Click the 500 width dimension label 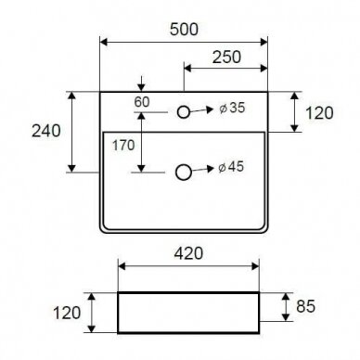click(x=184, y=30)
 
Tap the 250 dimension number click(x=226, y=58)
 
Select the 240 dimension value click(x=46, y=131)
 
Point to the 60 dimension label click(x=142, y=102)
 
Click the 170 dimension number click(x=123, y=145)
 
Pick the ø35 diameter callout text click(x=232, y=108)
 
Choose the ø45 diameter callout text click(x=231, y=167)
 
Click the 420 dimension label click(x=188, y=253)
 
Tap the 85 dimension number click(x=305, y=306)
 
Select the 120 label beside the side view click(x=67, y=313)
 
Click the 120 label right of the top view click(x=319, y=113)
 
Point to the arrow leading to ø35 click(x=201, y=109)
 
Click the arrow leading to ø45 click(x=203, y=169)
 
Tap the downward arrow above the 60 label click(x=141, y=84)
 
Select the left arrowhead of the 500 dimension click(x=104, y=42)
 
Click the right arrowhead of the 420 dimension click(x=255, y=266)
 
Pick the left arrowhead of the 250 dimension click(x=187, y=68)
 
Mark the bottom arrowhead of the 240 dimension click(x=71, y=169)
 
